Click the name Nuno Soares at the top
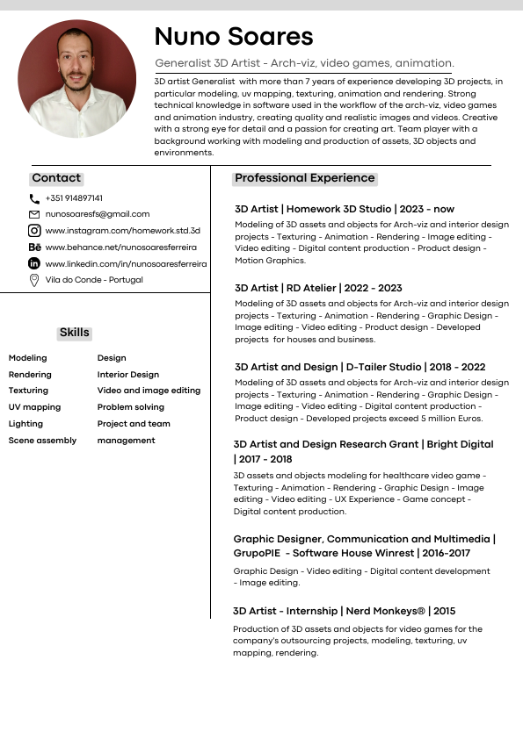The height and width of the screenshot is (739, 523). (234, 36)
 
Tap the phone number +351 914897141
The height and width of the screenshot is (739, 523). (74, 198)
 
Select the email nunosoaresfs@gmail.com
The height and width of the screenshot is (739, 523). (98, 214)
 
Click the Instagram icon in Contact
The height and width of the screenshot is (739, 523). (34, 231)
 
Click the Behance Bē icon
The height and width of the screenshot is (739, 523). (34, 248)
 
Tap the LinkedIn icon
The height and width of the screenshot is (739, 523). (34, 263)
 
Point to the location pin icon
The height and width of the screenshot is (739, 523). (34, 280)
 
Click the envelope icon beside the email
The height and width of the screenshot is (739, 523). (34, 214)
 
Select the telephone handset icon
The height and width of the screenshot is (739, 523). (34, 199)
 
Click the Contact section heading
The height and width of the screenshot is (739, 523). (56, 178)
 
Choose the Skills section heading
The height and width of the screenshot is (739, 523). (75, 333)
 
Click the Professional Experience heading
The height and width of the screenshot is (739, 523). (305, 178)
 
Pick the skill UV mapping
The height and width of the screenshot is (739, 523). (34, 407)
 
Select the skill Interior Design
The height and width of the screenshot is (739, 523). (128, 375)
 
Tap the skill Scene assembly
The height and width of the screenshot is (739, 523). (42, 441)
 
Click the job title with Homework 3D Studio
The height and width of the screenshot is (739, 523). (345, 210)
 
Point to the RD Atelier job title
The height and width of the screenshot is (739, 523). (318, 288)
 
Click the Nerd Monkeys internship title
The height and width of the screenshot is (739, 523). (345, 611)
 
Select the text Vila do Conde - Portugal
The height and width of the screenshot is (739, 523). (94, 280)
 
